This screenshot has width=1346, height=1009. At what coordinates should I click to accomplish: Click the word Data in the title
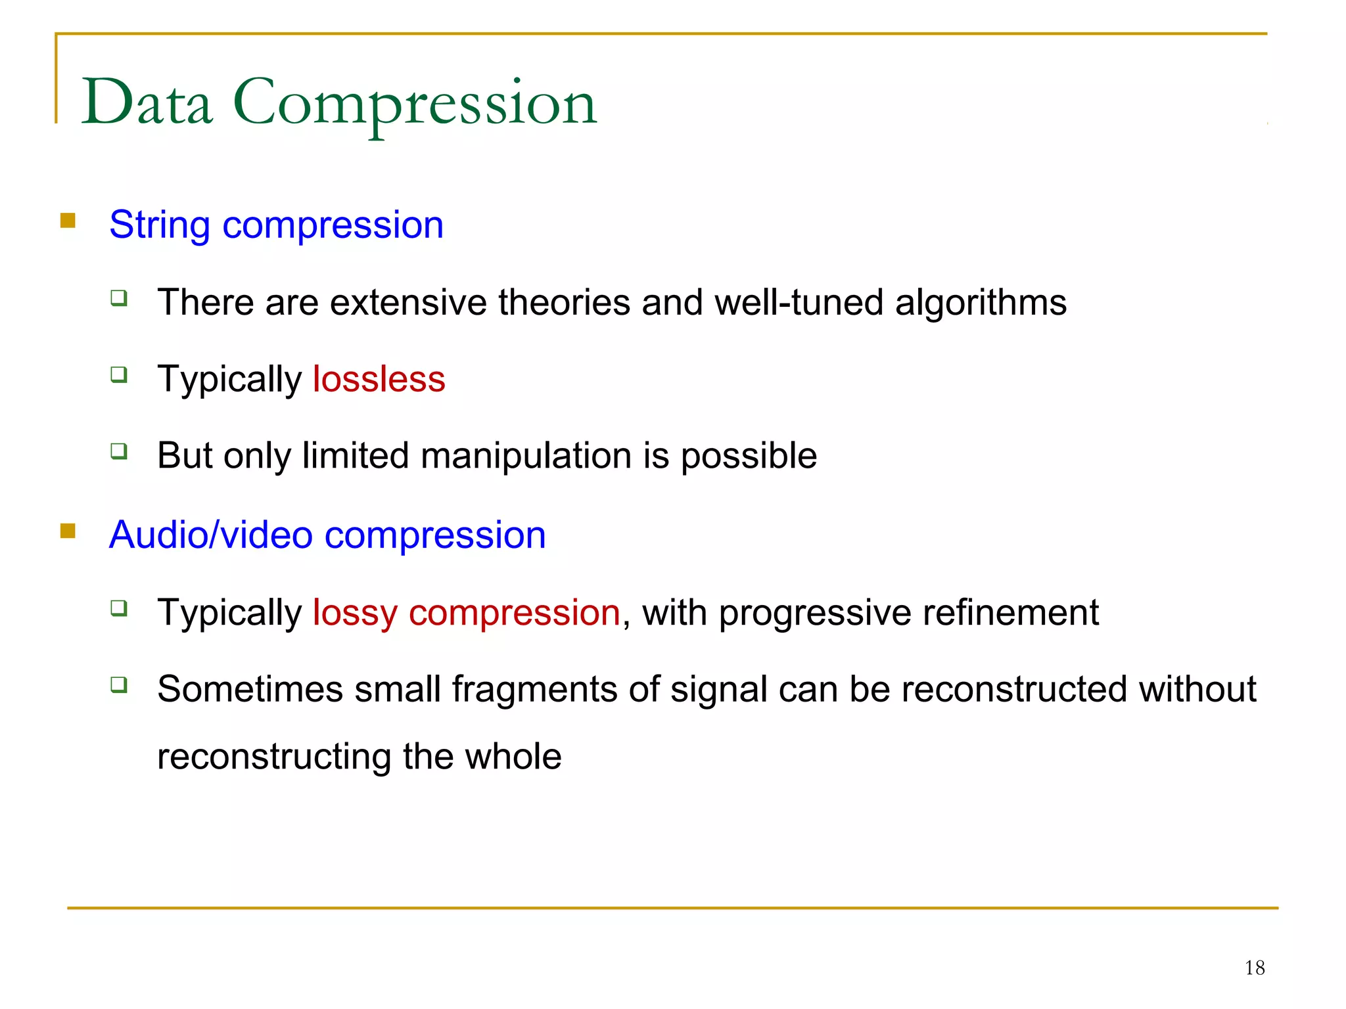pos(147,102)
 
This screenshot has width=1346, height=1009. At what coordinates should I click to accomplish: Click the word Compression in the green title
pos(415,104)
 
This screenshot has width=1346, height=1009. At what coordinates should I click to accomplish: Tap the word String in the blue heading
pos(159,225)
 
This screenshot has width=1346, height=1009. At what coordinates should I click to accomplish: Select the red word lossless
pos(379,379)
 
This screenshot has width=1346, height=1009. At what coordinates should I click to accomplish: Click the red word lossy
pos(355,613)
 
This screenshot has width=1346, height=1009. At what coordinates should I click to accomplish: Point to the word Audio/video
pos(210,535)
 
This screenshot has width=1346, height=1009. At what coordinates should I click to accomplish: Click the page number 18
pos(1255,968)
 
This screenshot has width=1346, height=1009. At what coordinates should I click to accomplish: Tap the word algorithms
pos(981,303)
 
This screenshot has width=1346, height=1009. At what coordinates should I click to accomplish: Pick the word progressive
pos(815,613)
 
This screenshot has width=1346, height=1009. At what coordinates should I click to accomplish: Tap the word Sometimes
pos(250,689)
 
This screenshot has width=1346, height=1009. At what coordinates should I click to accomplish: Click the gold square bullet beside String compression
pos(68,220)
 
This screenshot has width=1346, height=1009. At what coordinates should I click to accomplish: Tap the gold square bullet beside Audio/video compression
pos(68,530)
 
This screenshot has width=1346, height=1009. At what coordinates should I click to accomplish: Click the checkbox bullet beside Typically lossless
pos(119,375)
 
